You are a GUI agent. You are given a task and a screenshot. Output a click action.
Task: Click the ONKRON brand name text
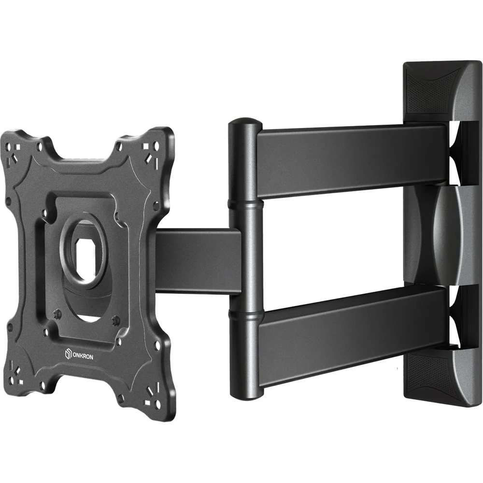[x=83, y=356]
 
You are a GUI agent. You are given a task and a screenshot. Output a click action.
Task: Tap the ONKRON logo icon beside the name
[x=68, y=354]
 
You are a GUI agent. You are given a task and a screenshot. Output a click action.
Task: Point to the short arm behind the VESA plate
[x=197, y=261]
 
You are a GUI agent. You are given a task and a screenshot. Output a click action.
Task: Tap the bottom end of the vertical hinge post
[x=246, y=397]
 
